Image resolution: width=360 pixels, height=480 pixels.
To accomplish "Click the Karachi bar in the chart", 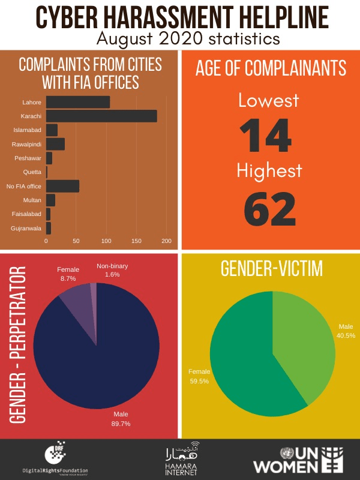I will [101, 116].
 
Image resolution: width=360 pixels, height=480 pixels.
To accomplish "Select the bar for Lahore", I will [77, 102].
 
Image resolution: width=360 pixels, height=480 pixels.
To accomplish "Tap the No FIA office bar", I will [62, 186].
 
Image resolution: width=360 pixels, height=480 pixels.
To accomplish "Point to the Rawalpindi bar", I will [55, 144].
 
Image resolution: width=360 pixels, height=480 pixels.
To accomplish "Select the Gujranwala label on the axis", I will [26, 228].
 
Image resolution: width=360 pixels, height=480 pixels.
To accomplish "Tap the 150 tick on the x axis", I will [136, 241].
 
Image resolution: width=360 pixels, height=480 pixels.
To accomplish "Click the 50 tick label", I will [76, 241].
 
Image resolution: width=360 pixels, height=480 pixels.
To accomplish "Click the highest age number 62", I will [269, 208].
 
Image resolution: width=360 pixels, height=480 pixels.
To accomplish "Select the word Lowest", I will [269, 100].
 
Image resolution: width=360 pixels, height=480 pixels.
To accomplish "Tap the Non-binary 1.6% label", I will [112, 270].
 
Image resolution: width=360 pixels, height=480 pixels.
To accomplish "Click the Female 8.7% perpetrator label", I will [68, 274].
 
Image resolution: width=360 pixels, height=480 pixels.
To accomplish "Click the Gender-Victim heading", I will [271, 269].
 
